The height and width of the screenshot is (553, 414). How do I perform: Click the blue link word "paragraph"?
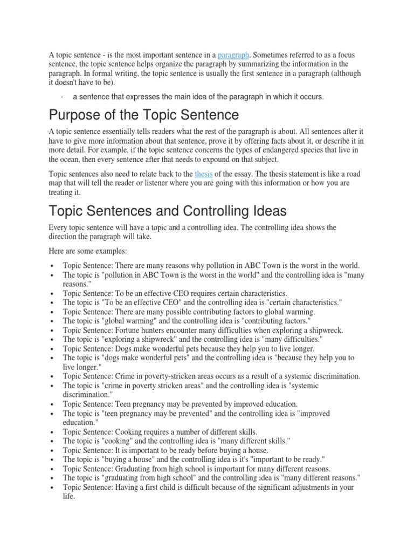click(x=233, y=55)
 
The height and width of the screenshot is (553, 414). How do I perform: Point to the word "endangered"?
click(x=266, y=150)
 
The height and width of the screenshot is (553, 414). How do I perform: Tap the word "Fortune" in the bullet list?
click(x=128, y=329)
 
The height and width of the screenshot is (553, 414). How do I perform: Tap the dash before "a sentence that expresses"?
click(x=63, y=97)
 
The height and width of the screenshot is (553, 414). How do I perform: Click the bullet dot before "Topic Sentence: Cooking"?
click(x=51, y=432)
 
